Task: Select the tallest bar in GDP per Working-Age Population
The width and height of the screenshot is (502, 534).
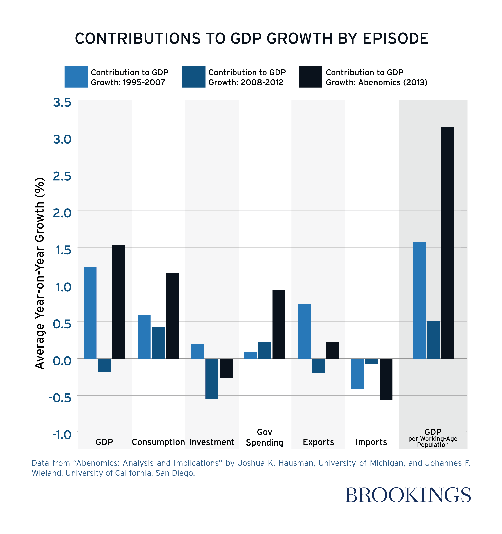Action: tap(448, 242)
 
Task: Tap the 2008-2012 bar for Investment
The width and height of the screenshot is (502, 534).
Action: tap(212, 379)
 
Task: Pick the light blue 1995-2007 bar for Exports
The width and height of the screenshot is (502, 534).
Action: tap(304, 331)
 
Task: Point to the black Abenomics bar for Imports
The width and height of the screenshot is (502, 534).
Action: tap(386, 379)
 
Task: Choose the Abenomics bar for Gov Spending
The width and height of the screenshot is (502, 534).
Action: tap(279, 324)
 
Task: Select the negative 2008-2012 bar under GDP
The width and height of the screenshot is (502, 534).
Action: tap(104, 365)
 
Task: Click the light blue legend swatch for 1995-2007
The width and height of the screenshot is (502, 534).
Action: tap(76, 76)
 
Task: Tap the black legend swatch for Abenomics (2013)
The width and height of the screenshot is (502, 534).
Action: tap(310, 76)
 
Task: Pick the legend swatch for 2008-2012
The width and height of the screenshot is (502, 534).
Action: tap(193, 76)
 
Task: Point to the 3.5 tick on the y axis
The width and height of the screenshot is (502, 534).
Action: tap(62, 102)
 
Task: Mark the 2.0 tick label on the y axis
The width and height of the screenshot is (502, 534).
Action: tap(62, 213)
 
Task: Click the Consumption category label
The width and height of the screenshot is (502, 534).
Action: tap(158, 442)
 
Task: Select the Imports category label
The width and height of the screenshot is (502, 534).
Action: tap(371, 442)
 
